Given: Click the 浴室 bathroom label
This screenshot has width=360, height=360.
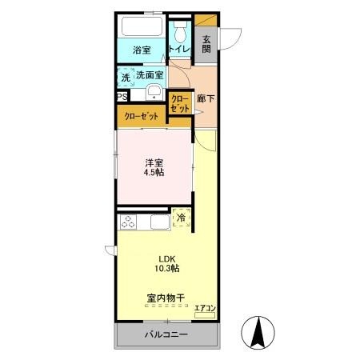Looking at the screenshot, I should click(x=142, y=50).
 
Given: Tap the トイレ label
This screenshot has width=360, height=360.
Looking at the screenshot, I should click(x=178, y=50).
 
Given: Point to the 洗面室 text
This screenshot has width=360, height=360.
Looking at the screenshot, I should click(x=149, y=75).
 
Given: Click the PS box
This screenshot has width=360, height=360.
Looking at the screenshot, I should click(x=122, y=98).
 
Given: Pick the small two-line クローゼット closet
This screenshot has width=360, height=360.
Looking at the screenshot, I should click(x=179, y=102).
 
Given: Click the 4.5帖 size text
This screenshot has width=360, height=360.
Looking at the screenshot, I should click(x=154, y=173).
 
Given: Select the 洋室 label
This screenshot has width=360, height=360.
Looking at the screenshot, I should click(x=154, y=162).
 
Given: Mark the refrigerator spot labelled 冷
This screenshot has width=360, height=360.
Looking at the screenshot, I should click(x=182, y=218).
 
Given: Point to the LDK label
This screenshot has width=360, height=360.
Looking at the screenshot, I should click(x=166, y=258).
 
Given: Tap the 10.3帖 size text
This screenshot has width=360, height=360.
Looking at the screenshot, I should click(x=166, y=270).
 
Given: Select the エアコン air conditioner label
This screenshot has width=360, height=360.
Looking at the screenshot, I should click(x=205, y=308).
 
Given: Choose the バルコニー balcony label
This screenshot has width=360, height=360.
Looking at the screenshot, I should click(x=166, y=334).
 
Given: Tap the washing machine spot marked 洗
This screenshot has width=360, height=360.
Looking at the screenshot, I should click(x=125, y=77).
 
